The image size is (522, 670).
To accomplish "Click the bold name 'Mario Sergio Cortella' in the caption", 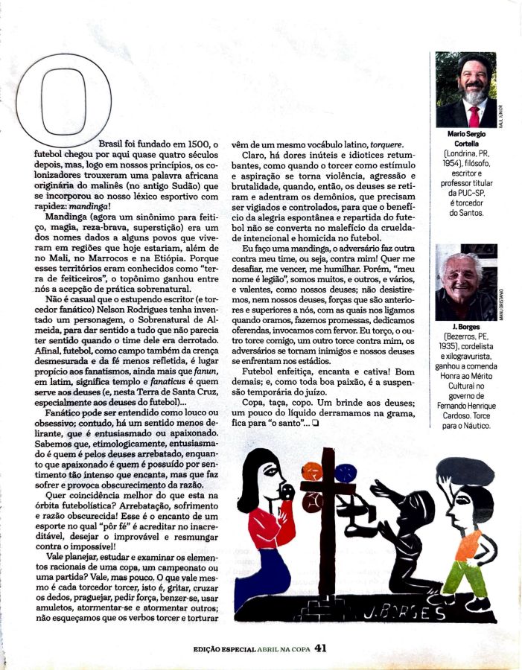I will coord(466,139).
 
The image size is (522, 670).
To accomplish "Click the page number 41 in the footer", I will coord(321,648).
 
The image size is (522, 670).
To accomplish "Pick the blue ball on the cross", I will coord(345,473).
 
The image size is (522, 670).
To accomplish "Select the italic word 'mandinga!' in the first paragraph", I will coord(88,207).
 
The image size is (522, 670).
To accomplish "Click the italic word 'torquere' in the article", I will coord(383,144).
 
